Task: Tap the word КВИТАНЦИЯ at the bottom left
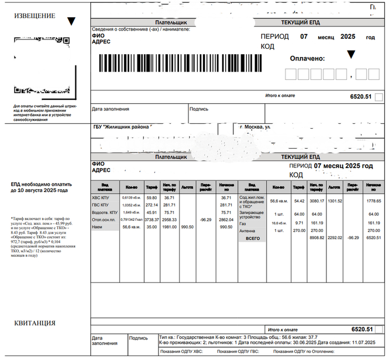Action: point(34,323)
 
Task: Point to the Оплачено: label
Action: point(307,58)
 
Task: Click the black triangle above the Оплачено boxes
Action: point(350,54)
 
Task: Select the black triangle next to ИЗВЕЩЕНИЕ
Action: point(70,22)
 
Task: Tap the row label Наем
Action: point(98,227)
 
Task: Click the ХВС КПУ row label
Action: point(102,197)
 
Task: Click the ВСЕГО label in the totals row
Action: point(252,238)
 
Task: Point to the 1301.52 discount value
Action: point(335,201)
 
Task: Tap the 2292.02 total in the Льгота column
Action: point(335,238)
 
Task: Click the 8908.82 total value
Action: point(316,238)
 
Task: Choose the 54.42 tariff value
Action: point(299,201)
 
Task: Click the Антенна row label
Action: point(247,230)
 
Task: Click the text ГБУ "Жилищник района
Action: point(121,127)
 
